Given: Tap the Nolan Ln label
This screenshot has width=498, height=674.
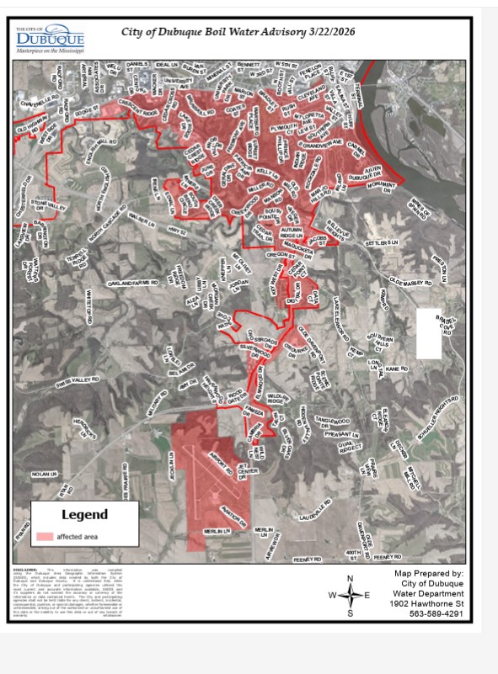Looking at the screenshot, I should point(43,475).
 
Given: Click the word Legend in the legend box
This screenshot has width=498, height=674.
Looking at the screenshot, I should point(84,513).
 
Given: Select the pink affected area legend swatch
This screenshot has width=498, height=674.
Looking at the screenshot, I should point(45,536).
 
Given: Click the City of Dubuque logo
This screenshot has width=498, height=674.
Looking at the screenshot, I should point(51,39).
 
